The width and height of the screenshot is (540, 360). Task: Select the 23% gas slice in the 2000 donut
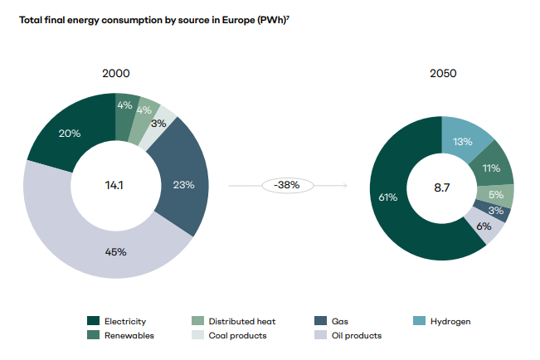click(x=184, y=184)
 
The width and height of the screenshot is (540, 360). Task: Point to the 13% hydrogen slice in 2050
click(x=463, y=141)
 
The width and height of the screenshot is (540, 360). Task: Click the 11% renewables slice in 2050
click(x=492, y=168)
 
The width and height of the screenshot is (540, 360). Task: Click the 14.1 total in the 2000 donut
click(x=116, y=184)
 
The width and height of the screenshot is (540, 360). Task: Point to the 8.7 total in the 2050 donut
click(x=441, y=188)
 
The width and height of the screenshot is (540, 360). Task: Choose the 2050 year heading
click(x=442, y=74)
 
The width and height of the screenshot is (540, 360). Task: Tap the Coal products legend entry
click(x=237, y=335)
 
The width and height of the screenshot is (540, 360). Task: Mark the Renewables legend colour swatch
click(x=94, y=335)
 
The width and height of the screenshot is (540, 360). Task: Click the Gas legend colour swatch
click(x=319, y=321)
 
